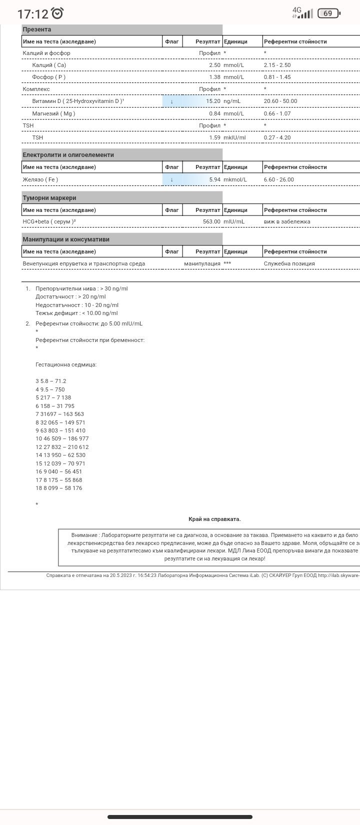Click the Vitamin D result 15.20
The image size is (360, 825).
pos(213,101)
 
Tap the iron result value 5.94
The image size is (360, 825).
pos(214,179)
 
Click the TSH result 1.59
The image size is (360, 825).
pos(214,137)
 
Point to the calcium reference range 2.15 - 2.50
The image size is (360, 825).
pos(277,65)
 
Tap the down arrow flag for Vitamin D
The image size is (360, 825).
pos(171,101)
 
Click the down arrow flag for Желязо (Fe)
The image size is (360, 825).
pos(171,179)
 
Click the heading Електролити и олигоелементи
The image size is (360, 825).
pos(68,155)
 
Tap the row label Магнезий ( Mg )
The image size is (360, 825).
pos(53,113)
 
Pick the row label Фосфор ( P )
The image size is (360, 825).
pos(48,77)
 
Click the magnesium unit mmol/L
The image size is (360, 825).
pos(233,113)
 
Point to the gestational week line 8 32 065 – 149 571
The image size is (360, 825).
pos(60,422)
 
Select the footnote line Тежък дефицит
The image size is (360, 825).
pos(76,313)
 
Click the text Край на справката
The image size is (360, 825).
pos(214,519)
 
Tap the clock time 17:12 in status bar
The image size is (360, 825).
pos(33,13)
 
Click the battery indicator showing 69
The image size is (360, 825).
pos(328,13)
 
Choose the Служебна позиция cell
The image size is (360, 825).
pos(289,263)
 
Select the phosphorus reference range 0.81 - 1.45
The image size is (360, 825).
pos(277,77)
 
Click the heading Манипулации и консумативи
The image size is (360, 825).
pos(66,239)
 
